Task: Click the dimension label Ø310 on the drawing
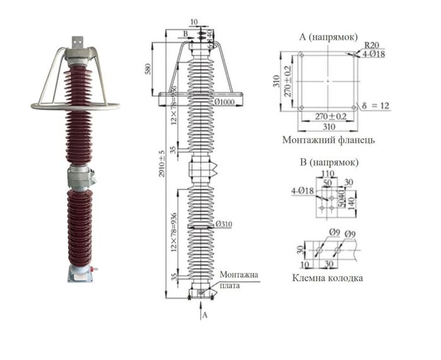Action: point(224,224)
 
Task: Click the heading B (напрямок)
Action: point(329,162)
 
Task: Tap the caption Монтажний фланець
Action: point(329,140)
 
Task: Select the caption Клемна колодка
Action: point(328,278)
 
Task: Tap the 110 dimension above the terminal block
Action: point(327,173)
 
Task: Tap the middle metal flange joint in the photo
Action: point(80,176)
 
